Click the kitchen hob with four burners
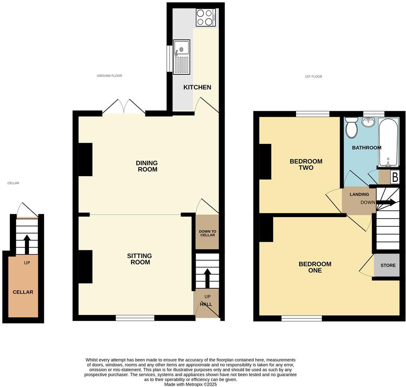click(206, 18)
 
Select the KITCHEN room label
click(197, 87)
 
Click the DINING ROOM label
click(147, 166)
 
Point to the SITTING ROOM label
click(139, 259)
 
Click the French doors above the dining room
click(124, 107)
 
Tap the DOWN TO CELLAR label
click(207, 233)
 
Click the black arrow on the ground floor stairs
click(207, 278)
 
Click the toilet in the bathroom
click(352, 128)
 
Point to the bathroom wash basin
click(368, 122)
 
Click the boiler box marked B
click(395, 177)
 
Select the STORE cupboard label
click(388, 265)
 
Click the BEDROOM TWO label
click(306, 164)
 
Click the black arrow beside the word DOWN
click(386, 202)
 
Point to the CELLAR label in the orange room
click(23, 292)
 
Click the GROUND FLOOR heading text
click(109, 76)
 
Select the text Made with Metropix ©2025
click(190, 385)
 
